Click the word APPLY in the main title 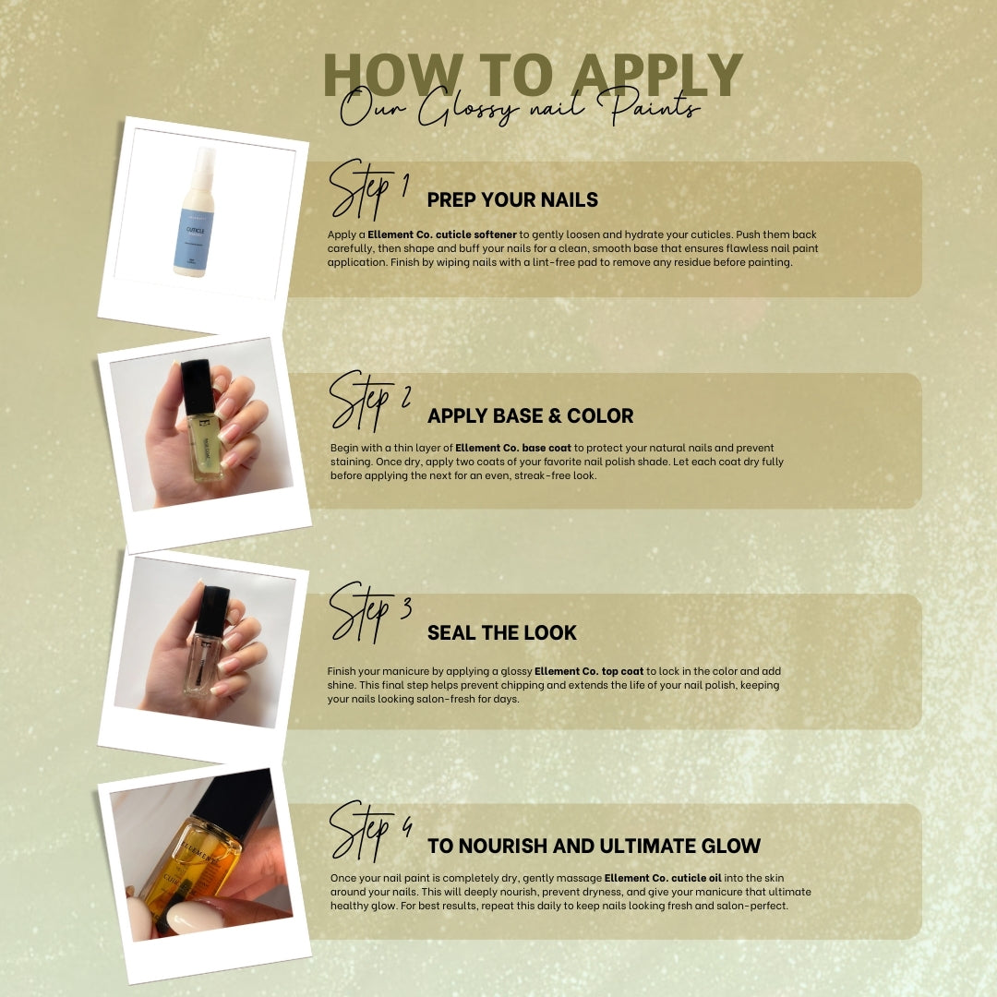pyautogui.click(x=657, y=75)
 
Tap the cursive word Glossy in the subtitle pyautogui.click(x=468, y=106)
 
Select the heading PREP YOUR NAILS pyautogui.click(x=512, y=199)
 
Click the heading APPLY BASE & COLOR pyautogui.click(x=530, y=415)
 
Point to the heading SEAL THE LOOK pyautogui.click(x=501, y=632)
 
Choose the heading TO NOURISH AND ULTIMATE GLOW pyautogui.click(x=594, y=846)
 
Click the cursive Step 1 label pyautogui.click(x=368, y=189)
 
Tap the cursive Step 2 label pyautogui.click(x=369, y=401)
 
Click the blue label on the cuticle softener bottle pyautogui.click(x=193, y=238)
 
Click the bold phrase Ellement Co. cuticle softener pyautogui.click(x=442, y=234)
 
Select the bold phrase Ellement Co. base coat pyautogui.click(x=513, y=448)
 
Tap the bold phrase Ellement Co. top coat pyautogui.click(x=589, y=671)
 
